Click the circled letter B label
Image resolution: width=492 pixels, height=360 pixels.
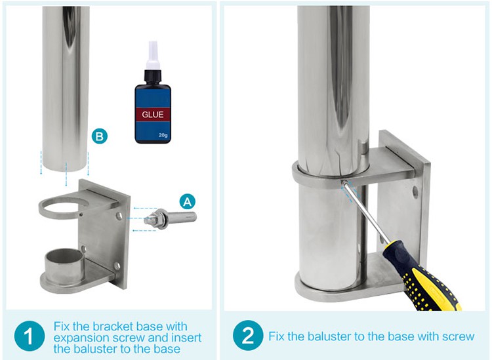(100, 136)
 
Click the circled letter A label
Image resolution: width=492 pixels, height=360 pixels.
(188, 201)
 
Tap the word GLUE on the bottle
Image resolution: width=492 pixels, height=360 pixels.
(152, 115)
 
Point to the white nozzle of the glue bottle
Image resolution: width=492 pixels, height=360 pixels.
(153, 55)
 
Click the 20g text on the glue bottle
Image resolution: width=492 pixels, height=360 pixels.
(163, 135)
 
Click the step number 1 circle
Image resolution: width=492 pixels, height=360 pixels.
(30, 337)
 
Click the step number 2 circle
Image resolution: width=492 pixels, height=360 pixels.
(248, 336)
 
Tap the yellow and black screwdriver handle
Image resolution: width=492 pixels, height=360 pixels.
(421, 275)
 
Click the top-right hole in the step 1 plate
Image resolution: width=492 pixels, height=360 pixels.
(119, 216)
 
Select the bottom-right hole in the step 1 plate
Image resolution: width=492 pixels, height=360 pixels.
(117, 266)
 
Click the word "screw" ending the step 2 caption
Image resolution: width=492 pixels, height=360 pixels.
(458, 337)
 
